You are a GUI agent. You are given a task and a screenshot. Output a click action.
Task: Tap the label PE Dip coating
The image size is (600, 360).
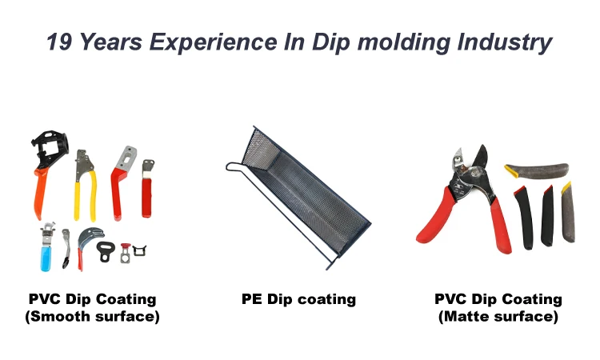[x=298, y=300]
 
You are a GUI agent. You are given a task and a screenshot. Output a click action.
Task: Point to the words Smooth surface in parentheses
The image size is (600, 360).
[x=92, y=317]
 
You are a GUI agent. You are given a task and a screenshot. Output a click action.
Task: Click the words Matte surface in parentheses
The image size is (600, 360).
[x=498, y=317]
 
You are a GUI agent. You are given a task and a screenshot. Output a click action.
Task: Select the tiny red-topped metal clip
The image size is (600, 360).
[x=125, y=253]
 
